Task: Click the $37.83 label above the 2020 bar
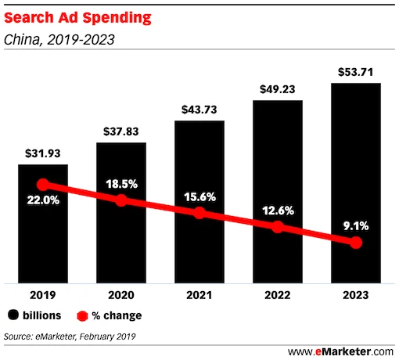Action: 120,130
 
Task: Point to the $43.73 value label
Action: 199,107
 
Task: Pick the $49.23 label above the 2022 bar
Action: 277,88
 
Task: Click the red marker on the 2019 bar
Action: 43,185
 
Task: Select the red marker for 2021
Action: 199,213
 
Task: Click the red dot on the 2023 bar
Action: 356,243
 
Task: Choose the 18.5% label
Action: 120,184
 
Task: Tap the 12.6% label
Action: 277,210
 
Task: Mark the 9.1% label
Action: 356,226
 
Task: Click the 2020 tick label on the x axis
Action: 120,297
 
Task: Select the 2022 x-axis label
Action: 277,297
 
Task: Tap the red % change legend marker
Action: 81,315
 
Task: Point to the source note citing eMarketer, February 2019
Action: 70,337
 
